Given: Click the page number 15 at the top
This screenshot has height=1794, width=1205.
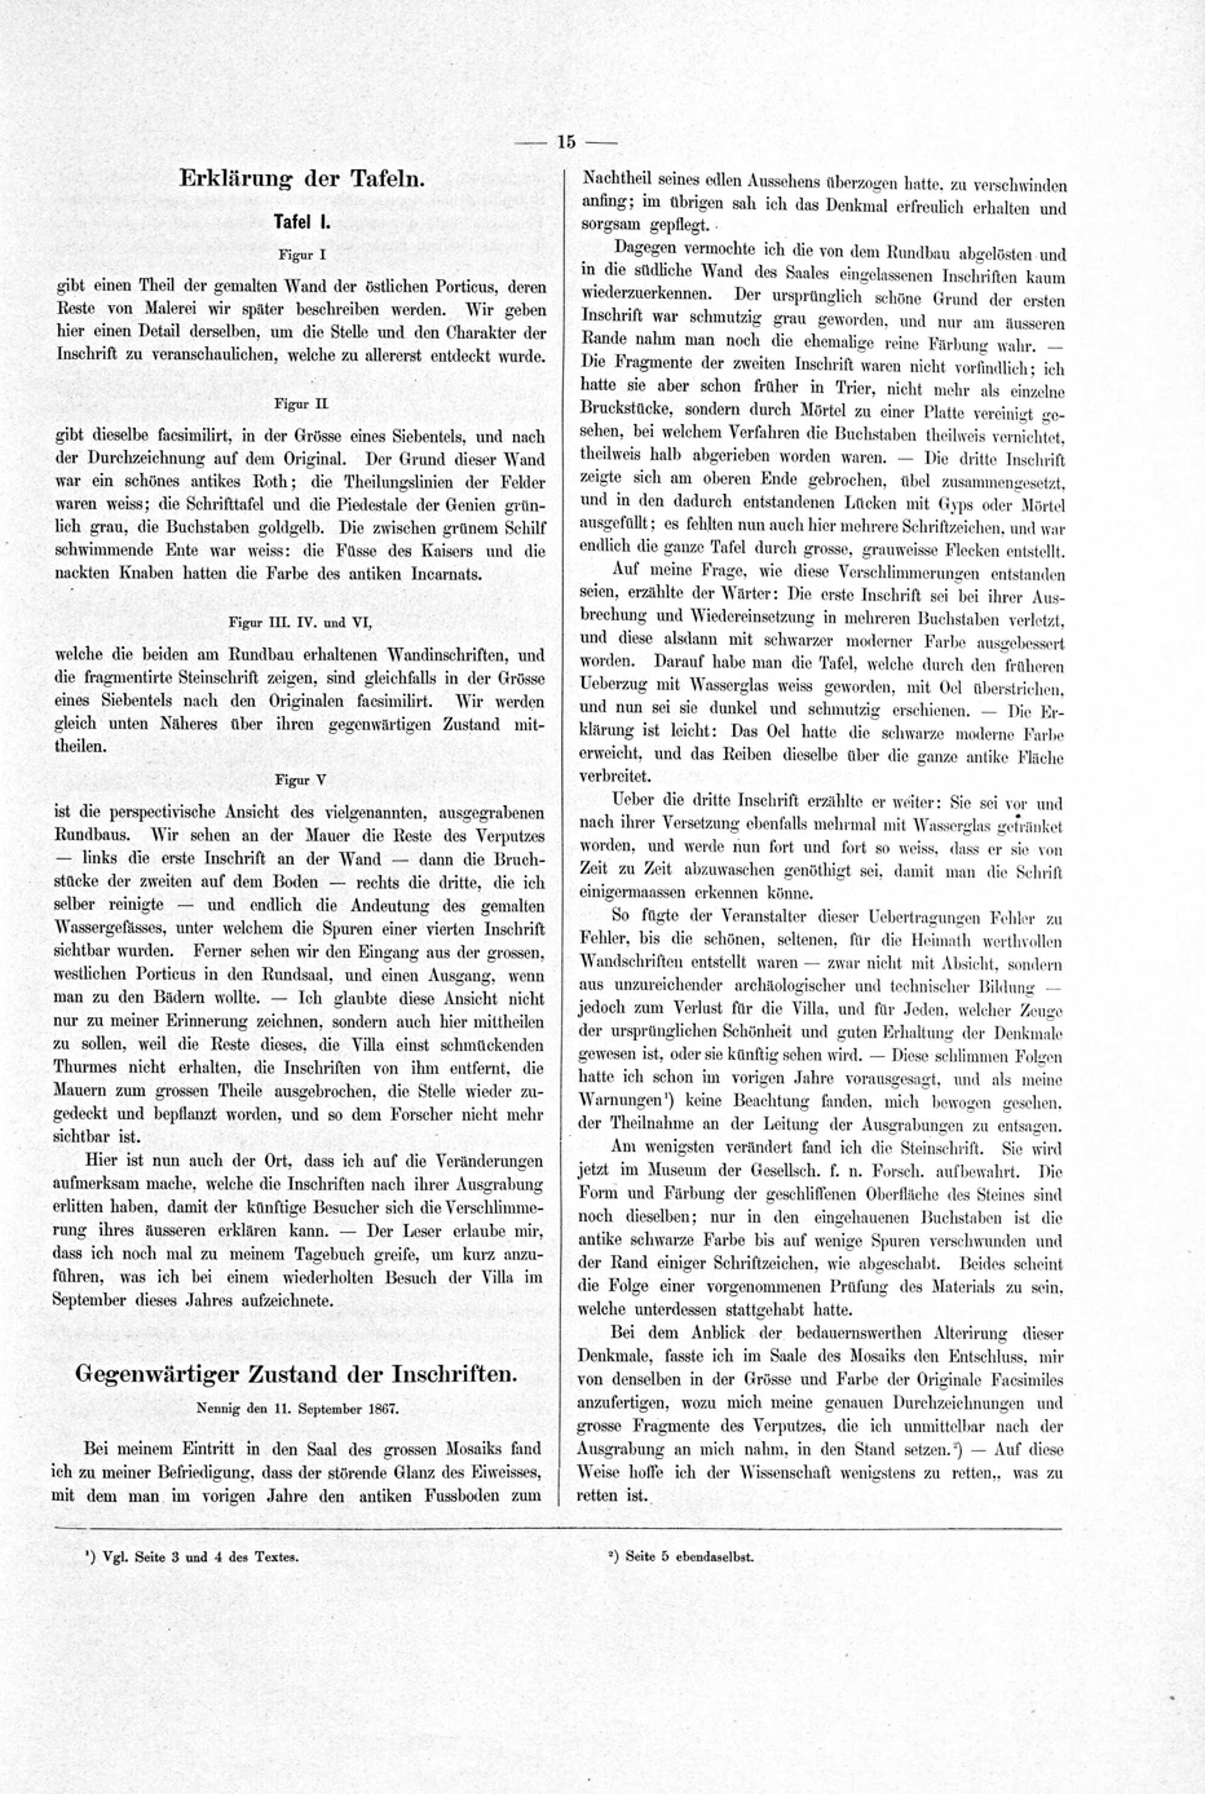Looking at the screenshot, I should pos(566,142).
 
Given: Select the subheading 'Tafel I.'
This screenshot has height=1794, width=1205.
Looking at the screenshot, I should pos(302,223).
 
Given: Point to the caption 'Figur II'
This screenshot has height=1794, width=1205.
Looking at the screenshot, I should pos(301,402).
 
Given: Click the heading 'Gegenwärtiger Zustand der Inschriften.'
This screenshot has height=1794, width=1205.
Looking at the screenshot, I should pos(295,1375).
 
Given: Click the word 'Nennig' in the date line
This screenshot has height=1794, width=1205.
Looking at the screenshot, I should pos(218,1409).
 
